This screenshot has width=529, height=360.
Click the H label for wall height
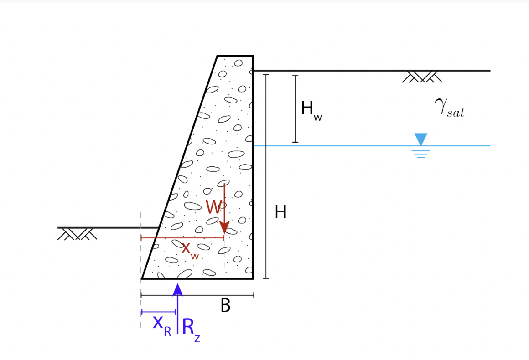coord(280,212)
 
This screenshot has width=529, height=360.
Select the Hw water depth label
coord(311,110)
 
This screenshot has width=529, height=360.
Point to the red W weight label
coord(213,207)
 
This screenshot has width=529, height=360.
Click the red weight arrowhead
coord(224,227)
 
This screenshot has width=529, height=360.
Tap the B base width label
coord(225,306)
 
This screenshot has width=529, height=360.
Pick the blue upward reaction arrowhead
coord(178,289)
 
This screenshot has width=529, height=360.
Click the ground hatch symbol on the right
coord(422,77)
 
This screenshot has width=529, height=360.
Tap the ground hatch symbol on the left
coord(77,234)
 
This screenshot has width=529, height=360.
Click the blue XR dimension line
coord(158,312)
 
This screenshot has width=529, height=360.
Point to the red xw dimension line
coord(182,238)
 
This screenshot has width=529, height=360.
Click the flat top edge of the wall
coord(235,56)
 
